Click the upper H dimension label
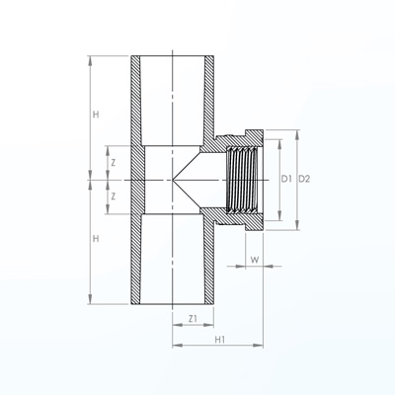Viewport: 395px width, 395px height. (96, 115)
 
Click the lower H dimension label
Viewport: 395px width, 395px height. (96, 239)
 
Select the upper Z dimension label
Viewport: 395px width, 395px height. (114, 163)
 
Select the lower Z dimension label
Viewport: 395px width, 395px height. (114, 197)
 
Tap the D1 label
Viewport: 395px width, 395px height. (286, 179)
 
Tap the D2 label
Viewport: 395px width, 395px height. (304, 179)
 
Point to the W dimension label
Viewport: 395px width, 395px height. (255, 260)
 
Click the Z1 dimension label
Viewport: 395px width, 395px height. (193, 319)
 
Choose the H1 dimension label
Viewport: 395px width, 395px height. (220, 340)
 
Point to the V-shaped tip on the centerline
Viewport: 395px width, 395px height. (173, 180)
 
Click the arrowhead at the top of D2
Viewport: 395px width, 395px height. (297, 134)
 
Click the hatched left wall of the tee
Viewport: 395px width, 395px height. (136, 180)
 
